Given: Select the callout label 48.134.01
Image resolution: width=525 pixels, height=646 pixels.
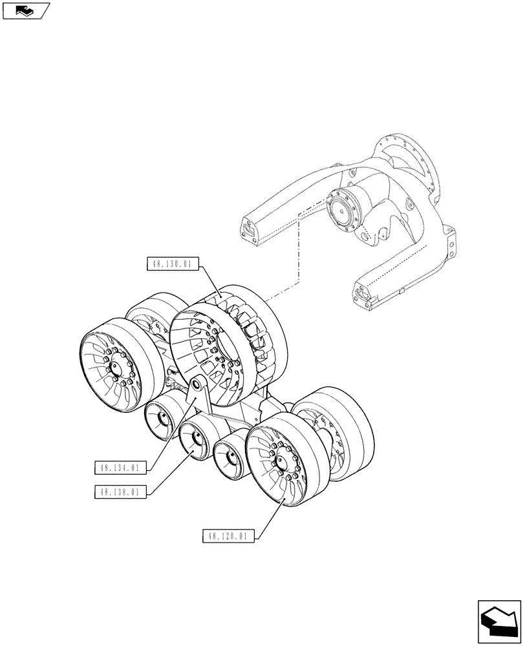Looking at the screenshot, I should click(121, 468).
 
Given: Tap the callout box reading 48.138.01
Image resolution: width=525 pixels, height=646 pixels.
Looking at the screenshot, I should click(121, 492).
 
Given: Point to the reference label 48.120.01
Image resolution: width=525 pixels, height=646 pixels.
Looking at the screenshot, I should click(229, 536).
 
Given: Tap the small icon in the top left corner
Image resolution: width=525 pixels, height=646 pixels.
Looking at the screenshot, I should click(24, 10).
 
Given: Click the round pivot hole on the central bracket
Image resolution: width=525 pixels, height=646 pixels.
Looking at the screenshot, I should click(194, 387).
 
